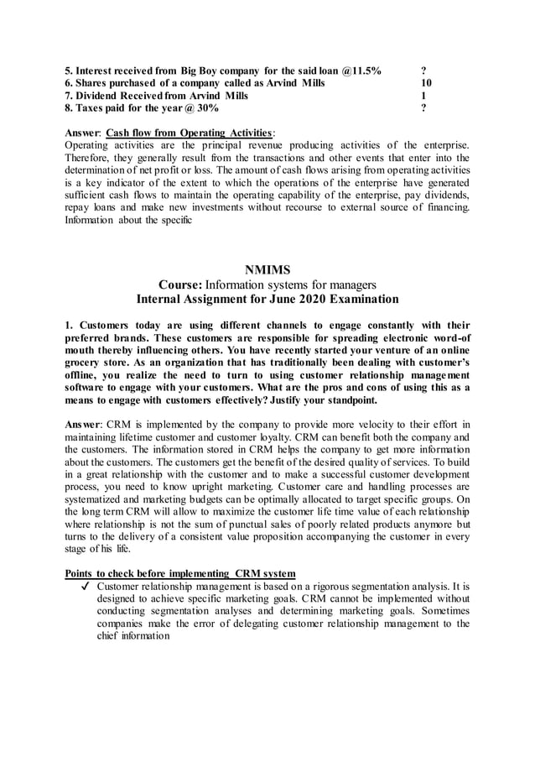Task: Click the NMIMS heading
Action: point(267,269)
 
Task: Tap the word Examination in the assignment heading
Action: point(357,299)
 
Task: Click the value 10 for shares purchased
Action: point(426,83)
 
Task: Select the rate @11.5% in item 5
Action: point(360,70)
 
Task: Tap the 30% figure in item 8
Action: point(207,108)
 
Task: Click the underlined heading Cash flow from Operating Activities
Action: point(190,133)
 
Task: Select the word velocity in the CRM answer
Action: point(392,425)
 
